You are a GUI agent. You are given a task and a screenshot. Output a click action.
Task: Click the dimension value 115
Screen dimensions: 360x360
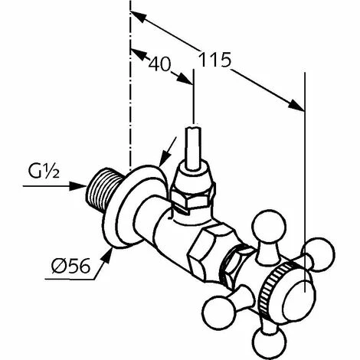click(214, 60)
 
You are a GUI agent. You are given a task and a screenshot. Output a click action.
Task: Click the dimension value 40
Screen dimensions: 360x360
click(159, 64)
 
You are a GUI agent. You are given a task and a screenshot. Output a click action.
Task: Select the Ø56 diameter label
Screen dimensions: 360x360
click(70, 266)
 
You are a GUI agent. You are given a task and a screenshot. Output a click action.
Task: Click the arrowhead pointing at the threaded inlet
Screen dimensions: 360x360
click(78, 186)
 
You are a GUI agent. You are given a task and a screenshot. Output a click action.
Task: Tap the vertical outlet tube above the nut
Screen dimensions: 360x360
click(192, 148)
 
